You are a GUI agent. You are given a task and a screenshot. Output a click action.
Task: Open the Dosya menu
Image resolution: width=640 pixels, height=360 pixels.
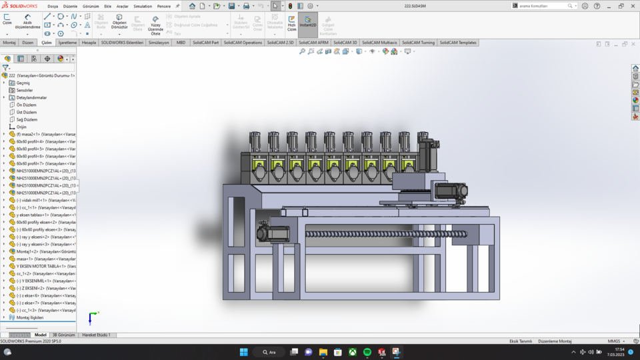tap(53, 6)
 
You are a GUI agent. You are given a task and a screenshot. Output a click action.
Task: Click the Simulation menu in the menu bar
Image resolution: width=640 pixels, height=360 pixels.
tap(143, 6)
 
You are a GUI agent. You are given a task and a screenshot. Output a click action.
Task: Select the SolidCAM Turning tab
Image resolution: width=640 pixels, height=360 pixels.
tap(418, 43)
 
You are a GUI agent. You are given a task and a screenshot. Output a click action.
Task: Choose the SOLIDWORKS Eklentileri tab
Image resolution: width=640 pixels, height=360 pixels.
tap(121, 43)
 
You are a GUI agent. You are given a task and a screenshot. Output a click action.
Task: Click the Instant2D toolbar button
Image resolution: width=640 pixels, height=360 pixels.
tap(307, 22)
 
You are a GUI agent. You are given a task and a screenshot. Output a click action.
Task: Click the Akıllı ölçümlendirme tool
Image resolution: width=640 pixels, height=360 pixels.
tap(27, 21)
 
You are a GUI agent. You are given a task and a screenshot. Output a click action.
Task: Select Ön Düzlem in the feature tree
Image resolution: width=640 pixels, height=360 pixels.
tap(26, 105)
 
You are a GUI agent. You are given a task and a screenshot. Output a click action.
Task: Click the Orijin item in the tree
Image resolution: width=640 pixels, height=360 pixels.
tap(21, 127)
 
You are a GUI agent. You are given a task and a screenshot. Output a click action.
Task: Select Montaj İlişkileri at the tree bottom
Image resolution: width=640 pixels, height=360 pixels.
tap(29, 317)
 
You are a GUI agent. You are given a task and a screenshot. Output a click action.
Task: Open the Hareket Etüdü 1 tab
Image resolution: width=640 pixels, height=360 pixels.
tap(96, 335)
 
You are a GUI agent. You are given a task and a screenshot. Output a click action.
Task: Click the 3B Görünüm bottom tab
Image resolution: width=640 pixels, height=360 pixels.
tap(63, 335)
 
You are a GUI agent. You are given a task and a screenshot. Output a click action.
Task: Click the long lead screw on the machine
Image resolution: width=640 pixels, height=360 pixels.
tap(387, 234)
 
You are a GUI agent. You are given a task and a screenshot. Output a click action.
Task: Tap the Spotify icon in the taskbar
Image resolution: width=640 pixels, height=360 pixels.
tap(367, 352)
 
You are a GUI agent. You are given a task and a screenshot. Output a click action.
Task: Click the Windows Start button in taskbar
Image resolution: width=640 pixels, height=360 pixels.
tap(243, 352)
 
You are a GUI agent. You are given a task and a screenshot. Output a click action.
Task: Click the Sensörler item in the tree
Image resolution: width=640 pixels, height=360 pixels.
tap(24, 90)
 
